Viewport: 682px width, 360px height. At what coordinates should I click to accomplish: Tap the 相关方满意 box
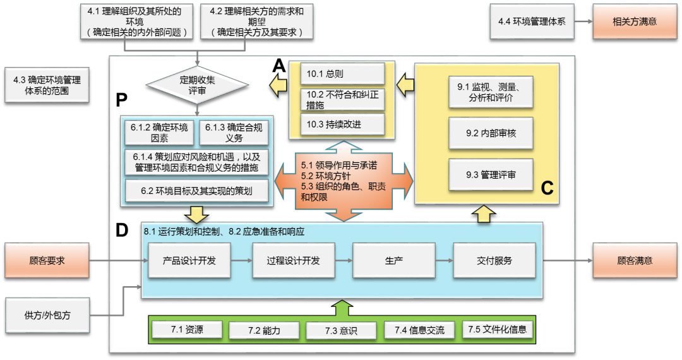point(635,21)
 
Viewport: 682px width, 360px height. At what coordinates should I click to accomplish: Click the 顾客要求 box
point(47,260)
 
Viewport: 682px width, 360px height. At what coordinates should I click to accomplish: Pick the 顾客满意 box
point(635,260)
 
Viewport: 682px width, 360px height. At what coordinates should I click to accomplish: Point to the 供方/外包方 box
point(47,313)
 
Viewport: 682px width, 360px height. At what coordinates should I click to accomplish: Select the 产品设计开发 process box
point(189,260)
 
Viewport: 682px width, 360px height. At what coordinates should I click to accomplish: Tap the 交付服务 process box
point(494,260)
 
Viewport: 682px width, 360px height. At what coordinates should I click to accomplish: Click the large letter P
point(122,99)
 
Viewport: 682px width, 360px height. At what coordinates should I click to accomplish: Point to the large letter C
point(547,188)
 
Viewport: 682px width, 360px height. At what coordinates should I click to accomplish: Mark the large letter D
point(122,231)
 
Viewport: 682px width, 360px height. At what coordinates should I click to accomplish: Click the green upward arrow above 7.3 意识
point(340,308)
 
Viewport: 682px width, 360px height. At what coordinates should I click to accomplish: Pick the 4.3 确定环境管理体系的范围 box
point(47,85)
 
